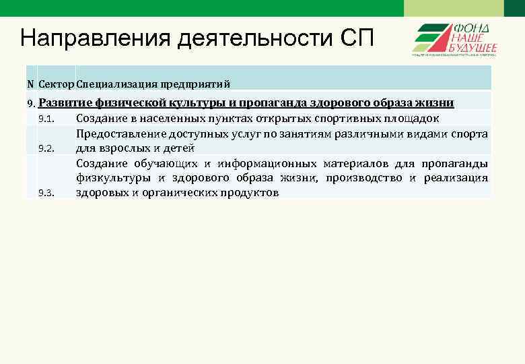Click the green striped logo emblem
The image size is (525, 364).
point(431,39)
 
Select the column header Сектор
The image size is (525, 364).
point(57,84)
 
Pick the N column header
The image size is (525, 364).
point(30,84)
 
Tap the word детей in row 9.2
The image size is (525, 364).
point(178,148)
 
